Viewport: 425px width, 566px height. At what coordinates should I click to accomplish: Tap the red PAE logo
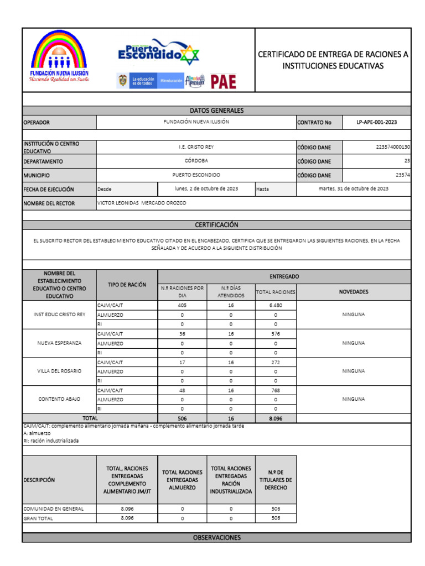[x=224, y=82]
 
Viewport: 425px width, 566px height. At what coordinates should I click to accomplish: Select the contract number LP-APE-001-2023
[x=376, y=122]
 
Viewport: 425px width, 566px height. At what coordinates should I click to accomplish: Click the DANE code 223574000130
[x=391, y=147]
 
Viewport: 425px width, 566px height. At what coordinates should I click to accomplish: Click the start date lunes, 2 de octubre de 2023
[x=206, y=188]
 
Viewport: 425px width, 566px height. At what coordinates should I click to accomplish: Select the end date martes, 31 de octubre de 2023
[x=354, y=188]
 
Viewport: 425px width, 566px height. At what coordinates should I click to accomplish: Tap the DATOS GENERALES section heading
[x=216, y=111]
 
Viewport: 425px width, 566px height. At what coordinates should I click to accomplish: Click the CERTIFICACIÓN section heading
[x=216, y=225]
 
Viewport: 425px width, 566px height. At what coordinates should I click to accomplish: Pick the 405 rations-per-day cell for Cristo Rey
[x=182, y=305]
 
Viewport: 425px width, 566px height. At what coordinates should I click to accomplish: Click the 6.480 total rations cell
[x=276, y=305]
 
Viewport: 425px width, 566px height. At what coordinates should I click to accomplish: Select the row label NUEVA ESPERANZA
[x=59, y=343]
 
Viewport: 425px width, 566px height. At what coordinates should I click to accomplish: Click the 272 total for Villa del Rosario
[x=276, y=362]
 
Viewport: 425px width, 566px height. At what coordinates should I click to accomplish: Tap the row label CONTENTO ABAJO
[x=59, y=399]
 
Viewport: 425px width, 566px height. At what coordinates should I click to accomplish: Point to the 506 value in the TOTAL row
[x=182, y=418]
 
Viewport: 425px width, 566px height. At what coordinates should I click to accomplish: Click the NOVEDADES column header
[x=354, y=291]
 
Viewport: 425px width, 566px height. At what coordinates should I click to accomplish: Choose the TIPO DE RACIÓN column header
[x=127, y=285]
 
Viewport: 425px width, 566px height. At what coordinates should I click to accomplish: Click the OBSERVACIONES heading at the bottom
[x=216, y=537]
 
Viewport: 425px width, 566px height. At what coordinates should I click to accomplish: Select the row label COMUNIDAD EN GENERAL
[x=53, y=509]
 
